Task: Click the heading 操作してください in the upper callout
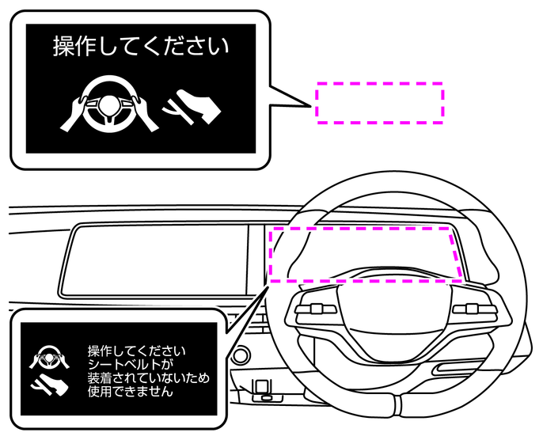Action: [x=141, y=47]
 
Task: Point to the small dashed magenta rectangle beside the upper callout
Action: [x=379, y=102]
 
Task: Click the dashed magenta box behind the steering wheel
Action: [x=365, y=253]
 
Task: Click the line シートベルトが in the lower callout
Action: [x=130, y=364]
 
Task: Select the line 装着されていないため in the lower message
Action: [x=149, y=377]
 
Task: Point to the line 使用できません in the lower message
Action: [x=130, y=391]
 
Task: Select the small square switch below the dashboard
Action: [x=259, y=389]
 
